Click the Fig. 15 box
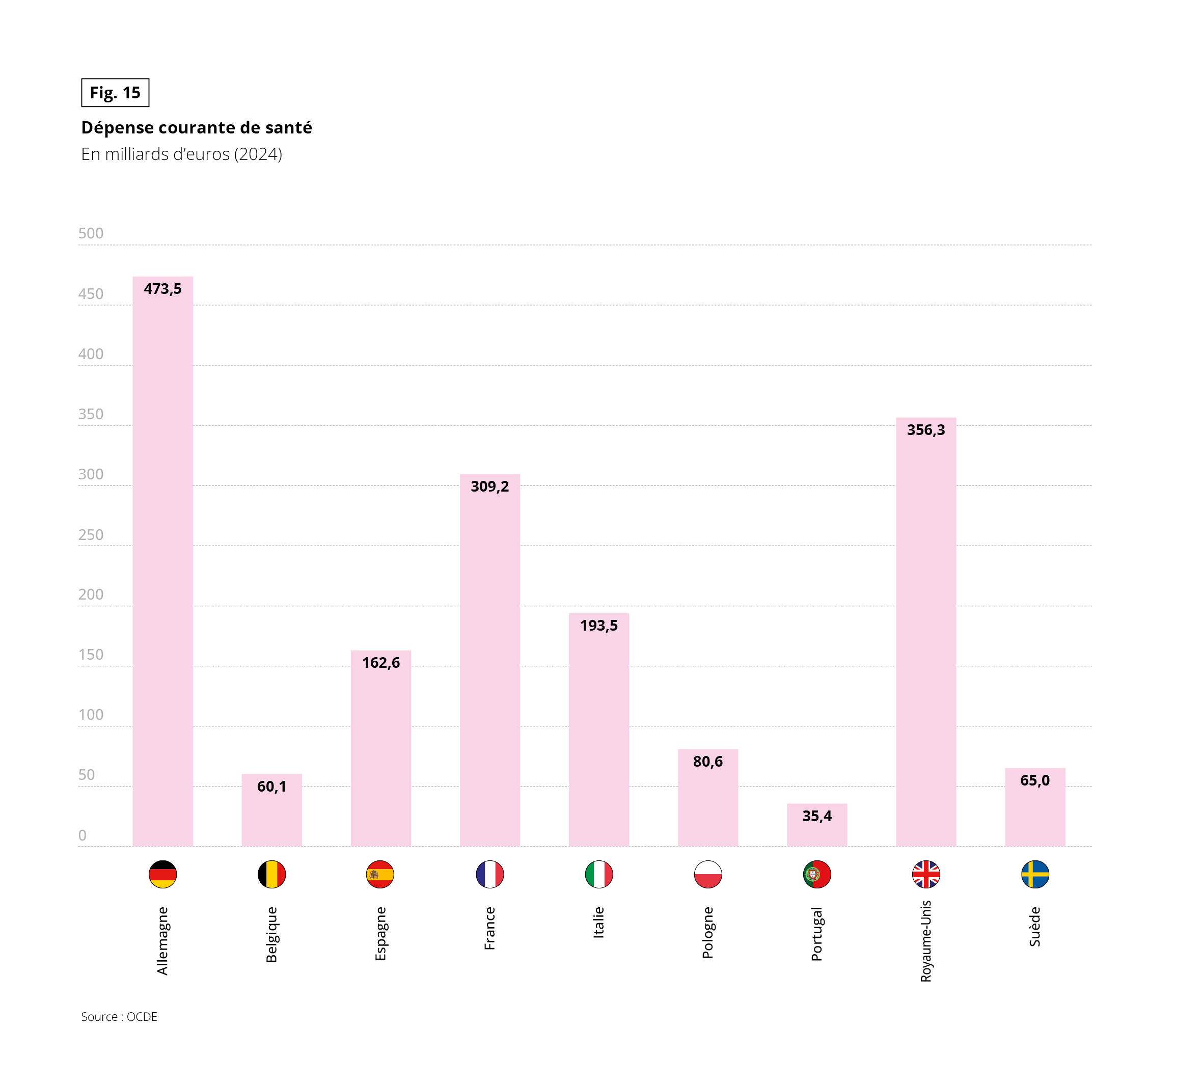(x=115, y=93)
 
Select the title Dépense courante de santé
(x=196, y=127)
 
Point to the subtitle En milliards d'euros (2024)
(x=181, y=154)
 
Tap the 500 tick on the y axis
(x=91, y=233)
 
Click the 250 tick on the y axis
(x=91, y=534)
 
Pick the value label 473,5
(x=162, y=289)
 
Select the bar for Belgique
(x=271, y=815)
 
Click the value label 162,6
(x=381, y=663)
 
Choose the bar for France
(x=489, y=666)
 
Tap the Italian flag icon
(x=598, y=874)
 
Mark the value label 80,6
(x=707, y=762)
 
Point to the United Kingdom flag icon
(x=926, y=874)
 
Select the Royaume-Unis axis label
(x=926, y=941)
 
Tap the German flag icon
(x=162, y=874)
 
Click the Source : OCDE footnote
(x=119, y=1017)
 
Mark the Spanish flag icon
(x=380, y=874)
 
